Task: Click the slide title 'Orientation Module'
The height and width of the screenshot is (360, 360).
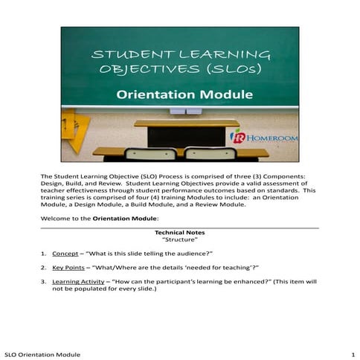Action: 179,95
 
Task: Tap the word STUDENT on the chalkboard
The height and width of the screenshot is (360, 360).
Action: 132,55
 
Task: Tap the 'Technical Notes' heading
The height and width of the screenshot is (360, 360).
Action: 179,233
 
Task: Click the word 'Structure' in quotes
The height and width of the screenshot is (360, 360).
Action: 179,240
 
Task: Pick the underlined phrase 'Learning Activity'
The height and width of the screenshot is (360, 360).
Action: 80,282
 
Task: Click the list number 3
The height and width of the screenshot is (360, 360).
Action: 43,282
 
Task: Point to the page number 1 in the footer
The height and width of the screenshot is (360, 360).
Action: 351,353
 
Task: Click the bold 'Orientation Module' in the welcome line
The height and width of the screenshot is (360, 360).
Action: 125,219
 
